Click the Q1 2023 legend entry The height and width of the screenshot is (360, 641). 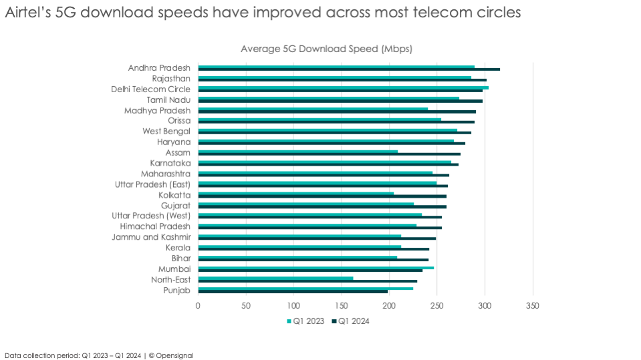pos(305,321)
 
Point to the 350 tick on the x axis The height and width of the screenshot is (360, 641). pos(532,305)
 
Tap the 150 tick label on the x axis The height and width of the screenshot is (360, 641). pos(341,305)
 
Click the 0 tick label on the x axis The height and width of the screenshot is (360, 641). pos(198,305)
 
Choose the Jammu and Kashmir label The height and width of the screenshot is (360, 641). pos(151,237)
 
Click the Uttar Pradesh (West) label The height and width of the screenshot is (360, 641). pos(151,216)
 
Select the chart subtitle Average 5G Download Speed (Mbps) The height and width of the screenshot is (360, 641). pos(326,49)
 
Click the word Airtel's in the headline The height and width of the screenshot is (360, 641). pos(25,13)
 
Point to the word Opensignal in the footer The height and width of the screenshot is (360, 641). pos(174,355)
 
